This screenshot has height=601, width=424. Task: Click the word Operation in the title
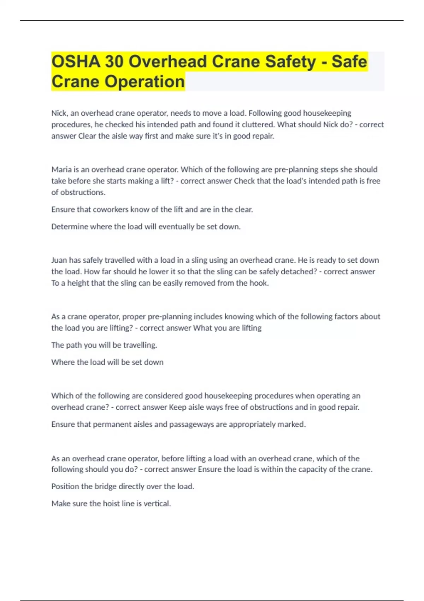(x=145, y=82)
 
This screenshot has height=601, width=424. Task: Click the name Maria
(x=61, y=169)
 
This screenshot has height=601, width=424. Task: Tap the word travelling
(x=140, y=345)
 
